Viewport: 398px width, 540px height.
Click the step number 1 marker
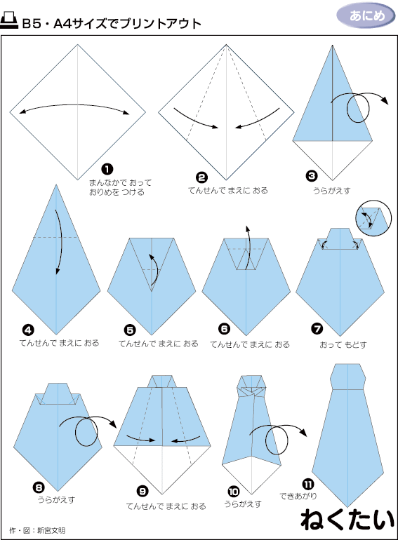coord(107,169)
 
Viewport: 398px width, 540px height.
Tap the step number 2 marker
coord(201,177)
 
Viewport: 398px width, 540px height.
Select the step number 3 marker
coord(312,176)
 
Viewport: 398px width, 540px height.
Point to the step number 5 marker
coord(130,330)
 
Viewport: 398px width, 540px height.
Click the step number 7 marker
coord(317,329)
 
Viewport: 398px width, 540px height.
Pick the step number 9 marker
coord(142,492)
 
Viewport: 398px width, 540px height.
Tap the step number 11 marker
coord(307,485)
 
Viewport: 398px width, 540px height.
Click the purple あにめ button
coord(366,15)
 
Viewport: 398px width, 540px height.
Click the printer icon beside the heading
coord(9,20)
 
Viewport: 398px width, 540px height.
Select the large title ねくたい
coord(347,520)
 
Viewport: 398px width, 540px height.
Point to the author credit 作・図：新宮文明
coord(37,530)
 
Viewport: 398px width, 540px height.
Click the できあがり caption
coord(298,496)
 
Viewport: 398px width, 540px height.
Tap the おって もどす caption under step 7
coord(343,344)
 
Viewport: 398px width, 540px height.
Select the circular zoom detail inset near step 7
coord(373,218)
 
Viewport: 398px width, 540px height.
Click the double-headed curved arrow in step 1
coord(74,105)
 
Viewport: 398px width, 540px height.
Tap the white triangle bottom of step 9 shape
coord(162,465)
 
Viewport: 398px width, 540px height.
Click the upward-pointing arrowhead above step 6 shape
coord(247,229)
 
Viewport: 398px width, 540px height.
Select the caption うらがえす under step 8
coord(56,500)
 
